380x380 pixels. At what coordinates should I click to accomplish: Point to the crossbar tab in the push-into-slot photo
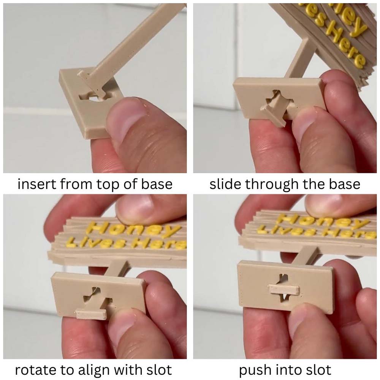[x=284, y=290]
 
